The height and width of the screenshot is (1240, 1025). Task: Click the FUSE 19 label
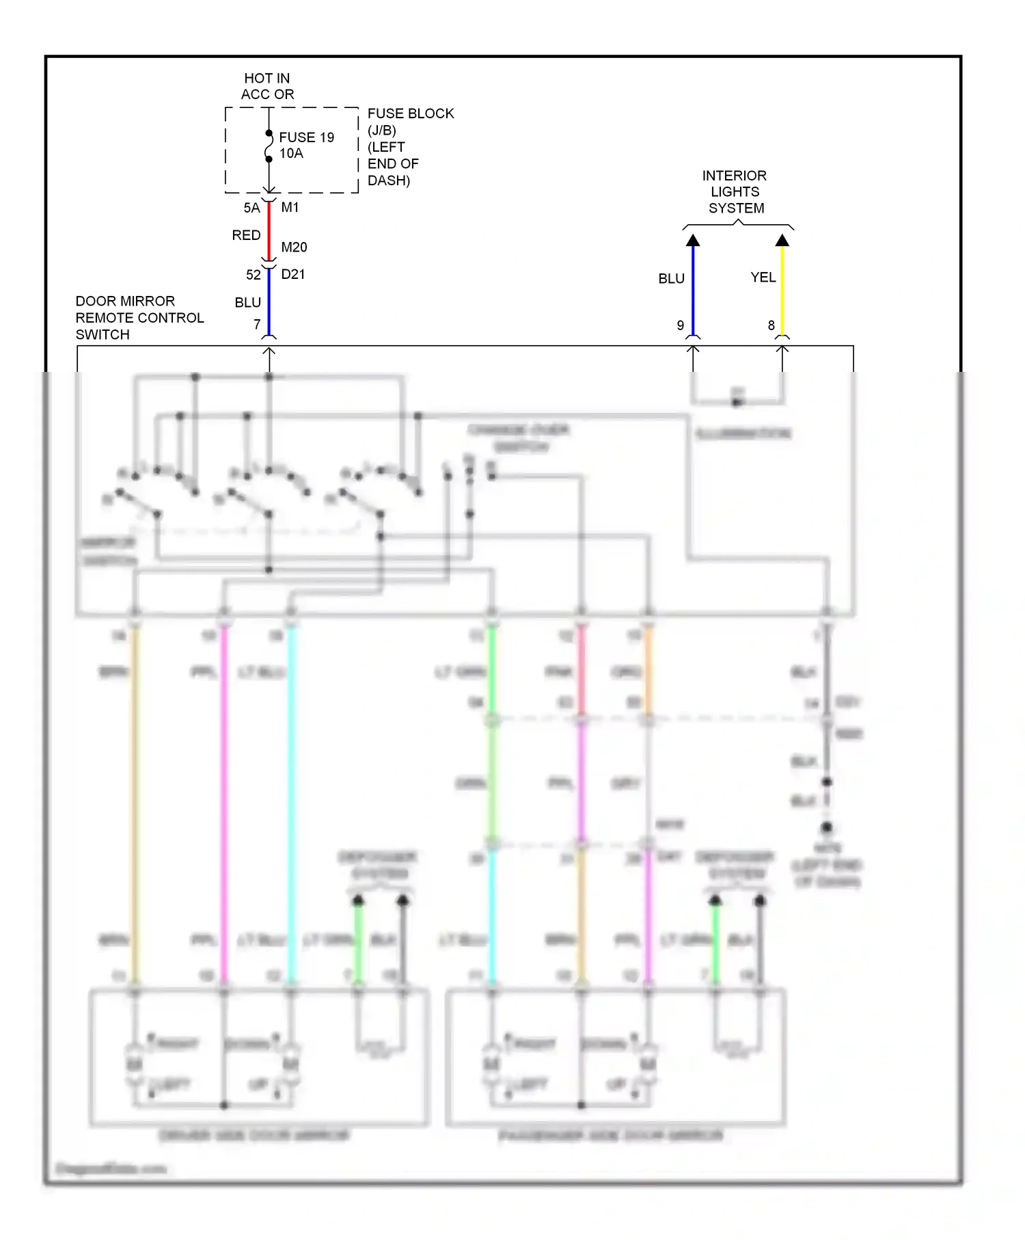306,137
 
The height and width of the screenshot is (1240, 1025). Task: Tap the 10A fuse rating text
291,154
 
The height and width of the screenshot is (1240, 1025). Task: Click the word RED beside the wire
246,235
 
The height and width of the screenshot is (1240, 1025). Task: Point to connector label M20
294,247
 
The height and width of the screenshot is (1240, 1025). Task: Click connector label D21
292,274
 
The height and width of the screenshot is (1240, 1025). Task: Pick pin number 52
253,275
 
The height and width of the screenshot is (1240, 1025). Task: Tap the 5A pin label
251,208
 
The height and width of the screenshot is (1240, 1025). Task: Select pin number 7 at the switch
257,325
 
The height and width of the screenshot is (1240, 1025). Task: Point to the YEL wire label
763,278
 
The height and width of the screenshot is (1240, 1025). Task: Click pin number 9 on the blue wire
680,325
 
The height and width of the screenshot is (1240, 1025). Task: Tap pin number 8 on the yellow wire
771,325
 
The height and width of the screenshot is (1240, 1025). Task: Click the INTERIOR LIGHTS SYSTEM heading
735,192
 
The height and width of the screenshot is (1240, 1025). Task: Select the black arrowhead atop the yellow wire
782,240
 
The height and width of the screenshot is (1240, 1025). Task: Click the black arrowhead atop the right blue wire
693,240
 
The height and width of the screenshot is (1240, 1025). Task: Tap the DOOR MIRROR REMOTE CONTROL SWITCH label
139,318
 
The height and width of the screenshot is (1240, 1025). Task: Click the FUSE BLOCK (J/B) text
410,121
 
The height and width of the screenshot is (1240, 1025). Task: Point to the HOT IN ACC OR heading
267,87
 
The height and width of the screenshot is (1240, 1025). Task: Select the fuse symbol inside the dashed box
269,146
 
